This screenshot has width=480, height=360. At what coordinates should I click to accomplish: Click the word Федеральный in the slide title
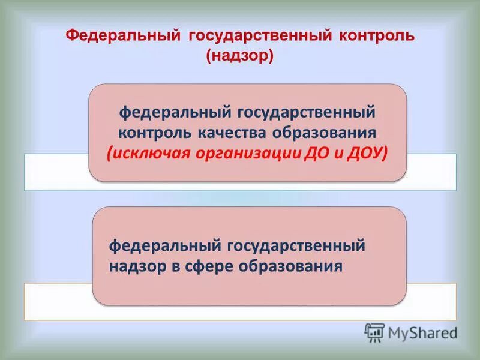click(123, 35)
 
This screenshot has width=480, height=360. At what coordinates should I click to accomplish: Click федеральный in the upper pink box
click(176, 112)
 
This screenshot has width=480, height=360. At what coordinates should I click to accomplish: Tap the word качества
click(234, 131)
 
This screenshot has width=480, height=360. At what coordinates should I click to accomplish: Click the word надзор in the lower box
click(136, 265)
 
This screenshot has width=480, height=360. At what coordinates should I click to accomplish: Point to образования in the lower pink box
click(298, 265)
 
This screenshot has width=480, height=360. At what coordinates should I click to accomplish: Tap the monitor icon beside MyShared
click(374, 332)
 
